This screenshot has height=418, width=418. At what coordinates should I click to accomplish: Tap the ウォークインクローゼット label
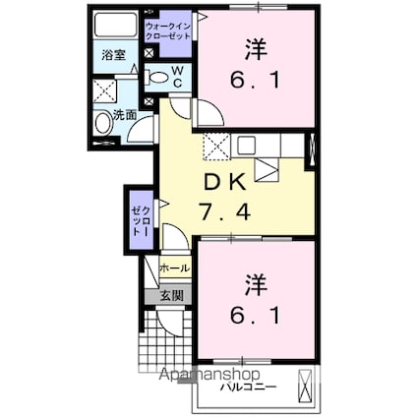point(168,30)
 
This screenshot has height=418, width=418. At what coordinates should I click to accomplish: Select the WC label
point(177,76)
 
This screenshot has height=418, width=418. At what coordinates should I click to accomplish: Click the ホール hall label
point(173,268)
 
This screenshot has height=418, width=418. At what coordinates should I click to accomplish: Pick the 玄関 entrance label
point(170,295)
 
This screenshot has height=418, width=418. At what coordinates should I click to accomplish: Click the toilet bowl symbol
point(157,76)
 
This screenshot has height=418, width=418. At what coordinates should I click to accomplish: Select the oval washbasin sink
point(103,124)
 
